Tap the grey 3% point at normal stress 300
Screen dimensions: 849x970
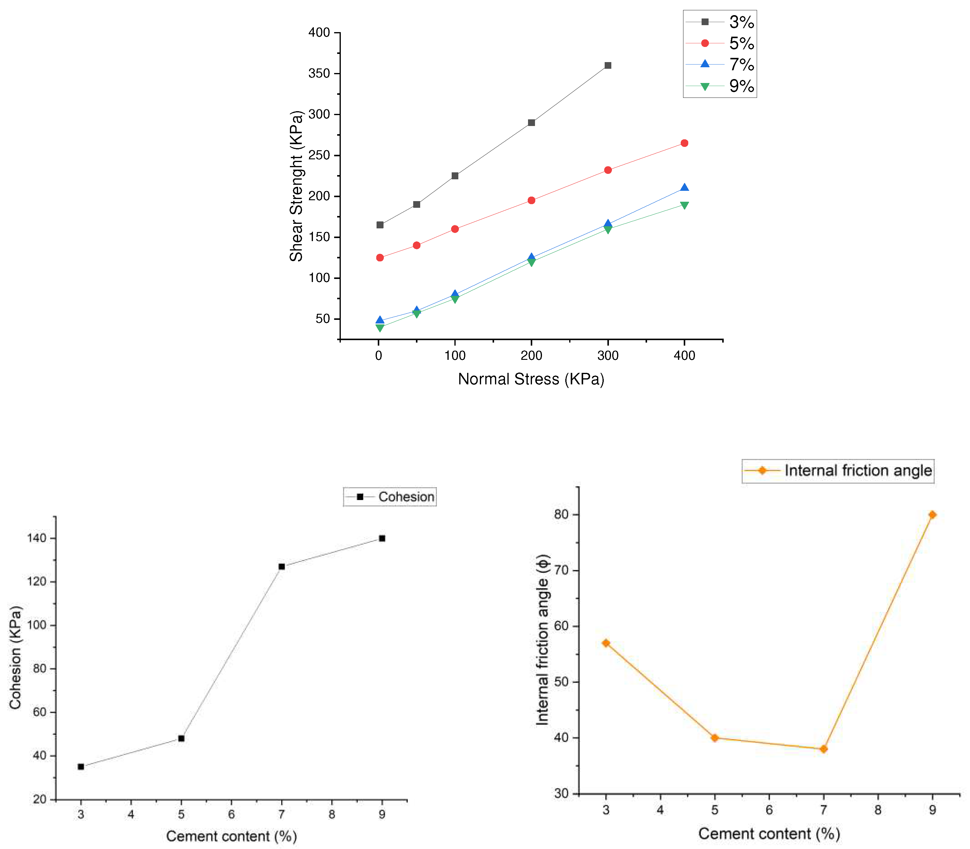pos(608,65)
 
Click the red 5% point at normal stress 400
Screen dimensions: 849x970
pos(684,143)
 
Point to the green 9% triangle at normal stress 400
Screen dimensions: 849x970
pos(684,205)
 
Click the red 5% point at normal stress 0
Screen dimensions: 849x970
pos(380,258)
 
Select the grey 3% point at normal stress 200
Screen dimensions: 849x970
pos(531,123)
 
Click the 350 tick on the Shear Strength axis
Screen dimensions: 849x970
pos(319,73)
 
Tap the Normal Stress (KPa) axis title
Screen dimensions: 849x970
pos(531,379)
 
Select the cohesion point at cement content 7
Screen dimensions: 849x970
pos(281,567)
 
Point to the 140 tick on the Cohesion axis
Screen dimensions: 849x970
pos(37,538)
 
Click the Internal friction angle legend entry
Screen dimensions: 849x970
pos(838,470)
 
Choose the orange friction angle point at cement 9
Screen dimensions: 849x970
pos(932,515)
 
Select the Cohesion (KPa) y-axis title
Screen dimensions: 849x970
pos(15,658)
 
